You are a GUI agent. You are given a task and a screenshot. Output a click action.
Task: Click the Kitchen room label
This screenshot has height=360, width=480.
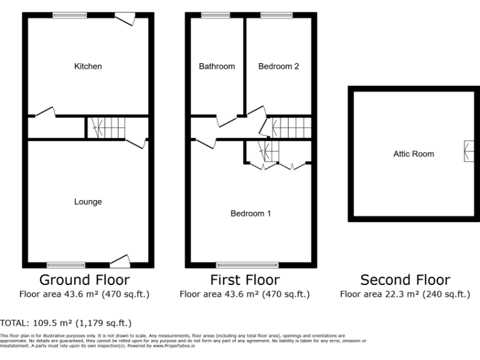88,66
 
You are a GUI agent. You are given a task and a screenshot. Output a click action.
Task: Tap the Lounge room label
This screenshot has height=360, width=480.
88,202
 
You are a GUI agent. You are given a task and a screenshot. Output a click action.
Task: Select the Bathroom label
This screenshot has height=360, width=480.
217,66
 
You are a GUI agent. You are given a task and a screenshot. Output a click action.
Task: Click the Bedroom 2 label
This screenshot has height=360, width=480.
278,66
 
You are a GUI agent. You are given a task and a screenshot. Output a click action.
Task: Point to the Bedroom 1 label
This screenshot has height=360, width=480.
251,214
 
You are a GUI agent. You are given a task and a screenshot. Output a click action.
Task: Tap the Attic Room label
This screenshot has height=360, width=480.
413,154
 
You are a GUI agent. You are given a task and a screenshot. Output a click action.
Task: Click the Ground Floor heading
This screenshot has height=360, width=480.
84,279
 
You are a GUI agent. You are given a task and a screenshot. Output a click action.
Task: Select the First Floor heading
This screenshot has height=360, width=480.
244,279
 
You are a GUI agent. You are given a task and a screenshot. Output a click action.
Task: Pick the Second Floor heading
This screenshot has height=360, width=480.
405,280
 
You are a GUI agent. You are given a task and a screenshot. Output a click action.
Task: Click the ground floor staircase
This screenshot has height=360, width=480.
105,127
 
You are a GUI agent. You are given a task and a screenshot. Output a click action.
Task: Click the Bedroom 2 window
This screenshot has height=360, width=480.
276,16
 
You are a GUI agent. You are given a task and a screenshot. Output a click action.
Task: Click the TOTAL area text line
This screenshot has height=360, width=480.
66,323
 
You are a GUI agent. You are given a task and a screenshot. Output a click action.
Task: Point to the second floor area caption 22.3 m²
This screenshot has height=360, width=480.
404,294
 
